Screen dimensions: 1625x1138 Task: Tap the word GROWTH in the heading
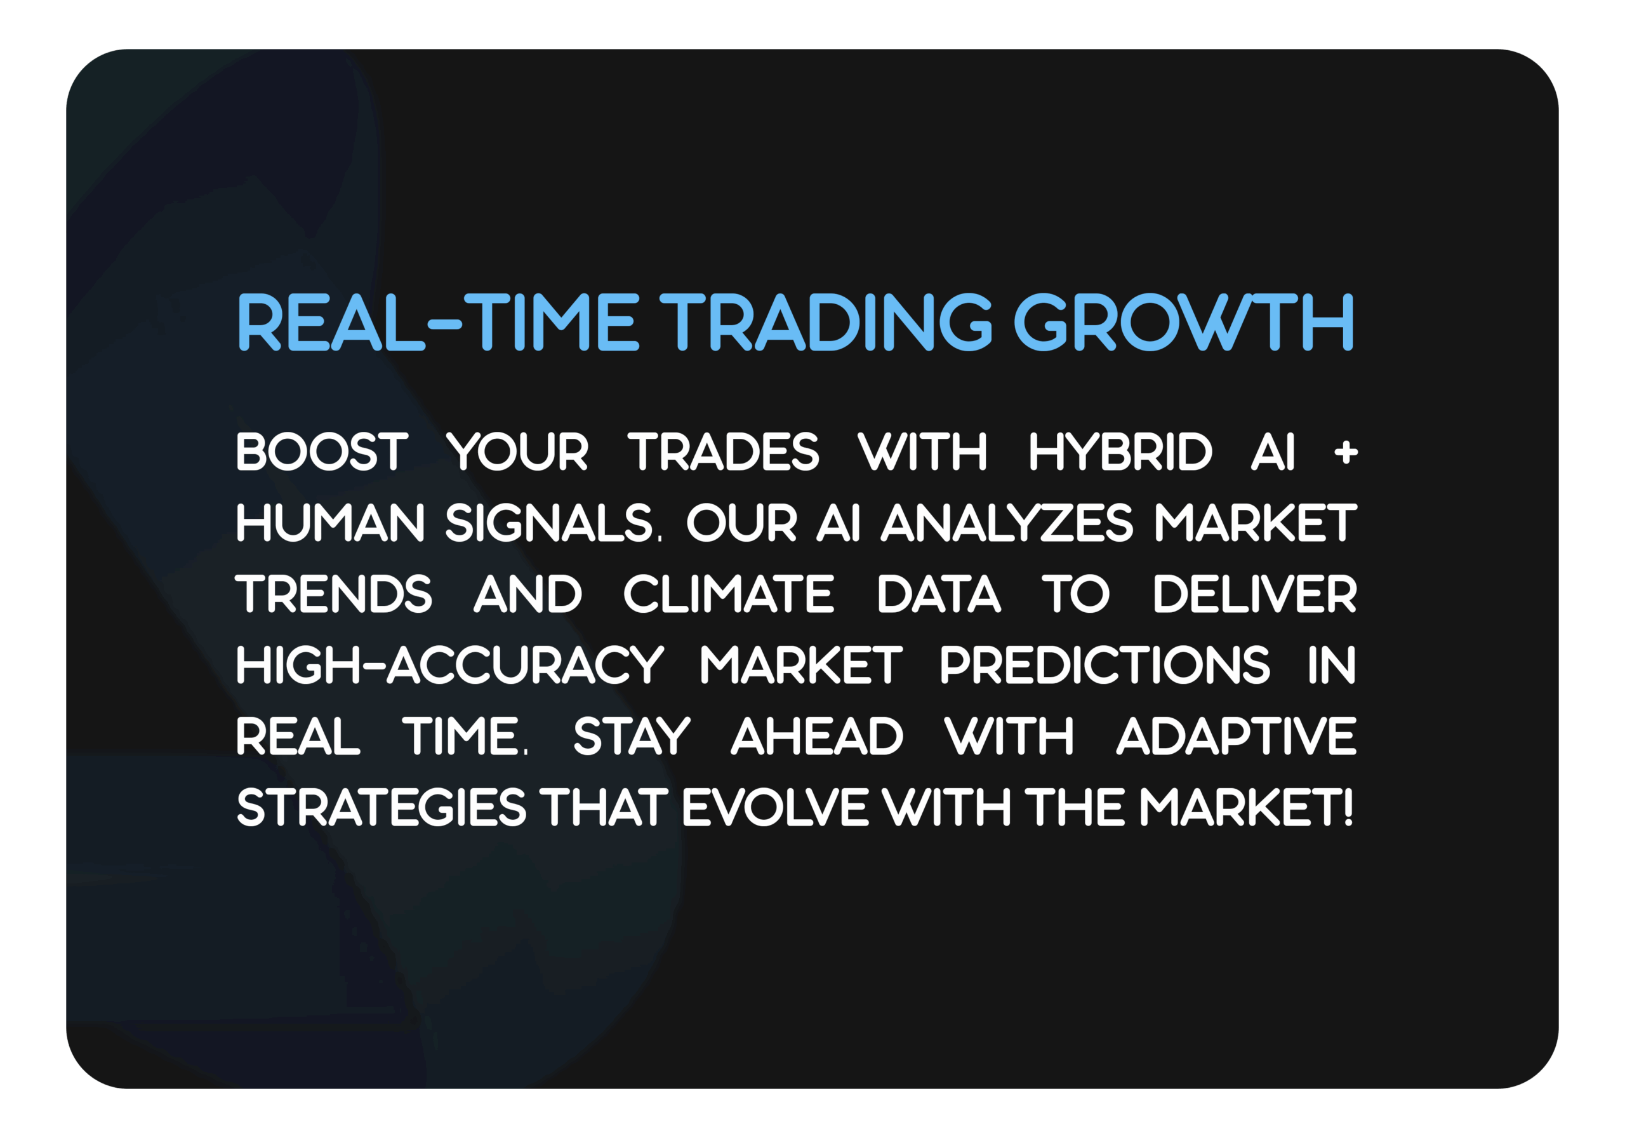tap(1184, 322)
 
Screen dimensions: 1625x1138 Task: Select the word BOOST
tap(322, 452)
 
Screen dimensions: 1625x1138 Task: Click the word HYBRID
tap(1120, 452)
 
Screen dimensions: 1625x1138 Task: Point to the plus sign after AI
tap(1346, 452)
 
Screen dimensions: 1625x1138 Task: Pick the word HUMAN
tap(331, 523)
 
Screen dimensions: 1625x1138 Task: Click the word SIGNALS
tap(550, 523)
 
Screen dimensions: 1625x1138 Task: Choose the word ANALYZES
tap(1007, 523)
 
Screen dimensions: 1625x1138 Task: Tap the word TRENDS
tap(333, 593)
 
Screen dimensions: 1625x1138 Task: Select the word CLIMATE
tap(728, 593)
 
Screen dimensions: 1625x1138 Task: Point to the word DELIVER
tap(1255, 593)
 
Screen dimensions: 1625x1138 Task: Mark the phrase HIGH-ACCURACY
tap(450, 665)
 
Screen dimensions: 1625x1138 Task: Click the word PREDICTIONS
tap(1104, 665)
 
